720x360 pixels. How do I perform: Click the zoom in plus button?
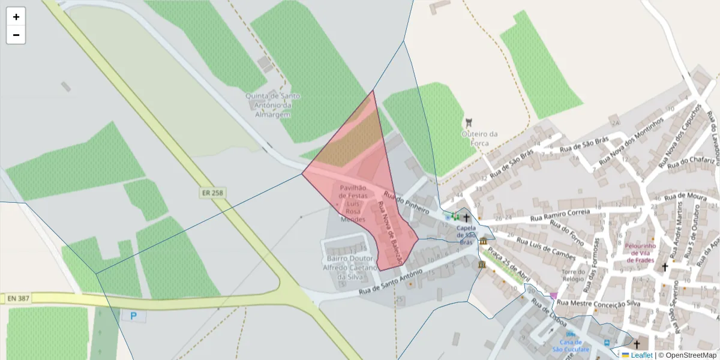(16, 17)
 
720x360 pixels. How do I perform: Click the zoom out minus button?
(16, 35)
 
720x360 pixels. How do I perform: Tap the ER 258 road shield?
(208, 193)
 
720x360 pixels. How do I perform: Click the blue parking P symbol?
(133, 316)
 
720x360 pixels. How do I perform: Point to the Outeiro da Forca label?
(479, 138)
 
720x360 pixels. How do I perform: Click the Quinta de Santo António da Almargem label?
(273, 105)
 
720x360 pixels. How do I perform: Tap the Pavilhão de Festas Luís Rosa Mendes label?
(353, 203)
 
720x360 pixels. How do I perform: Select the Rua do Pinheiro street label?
(406, 203)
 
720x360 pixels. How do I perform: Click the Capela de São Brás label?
(466, 235)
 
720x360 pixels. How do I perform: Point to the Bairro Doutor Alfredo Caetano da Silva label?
(349, 268)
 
